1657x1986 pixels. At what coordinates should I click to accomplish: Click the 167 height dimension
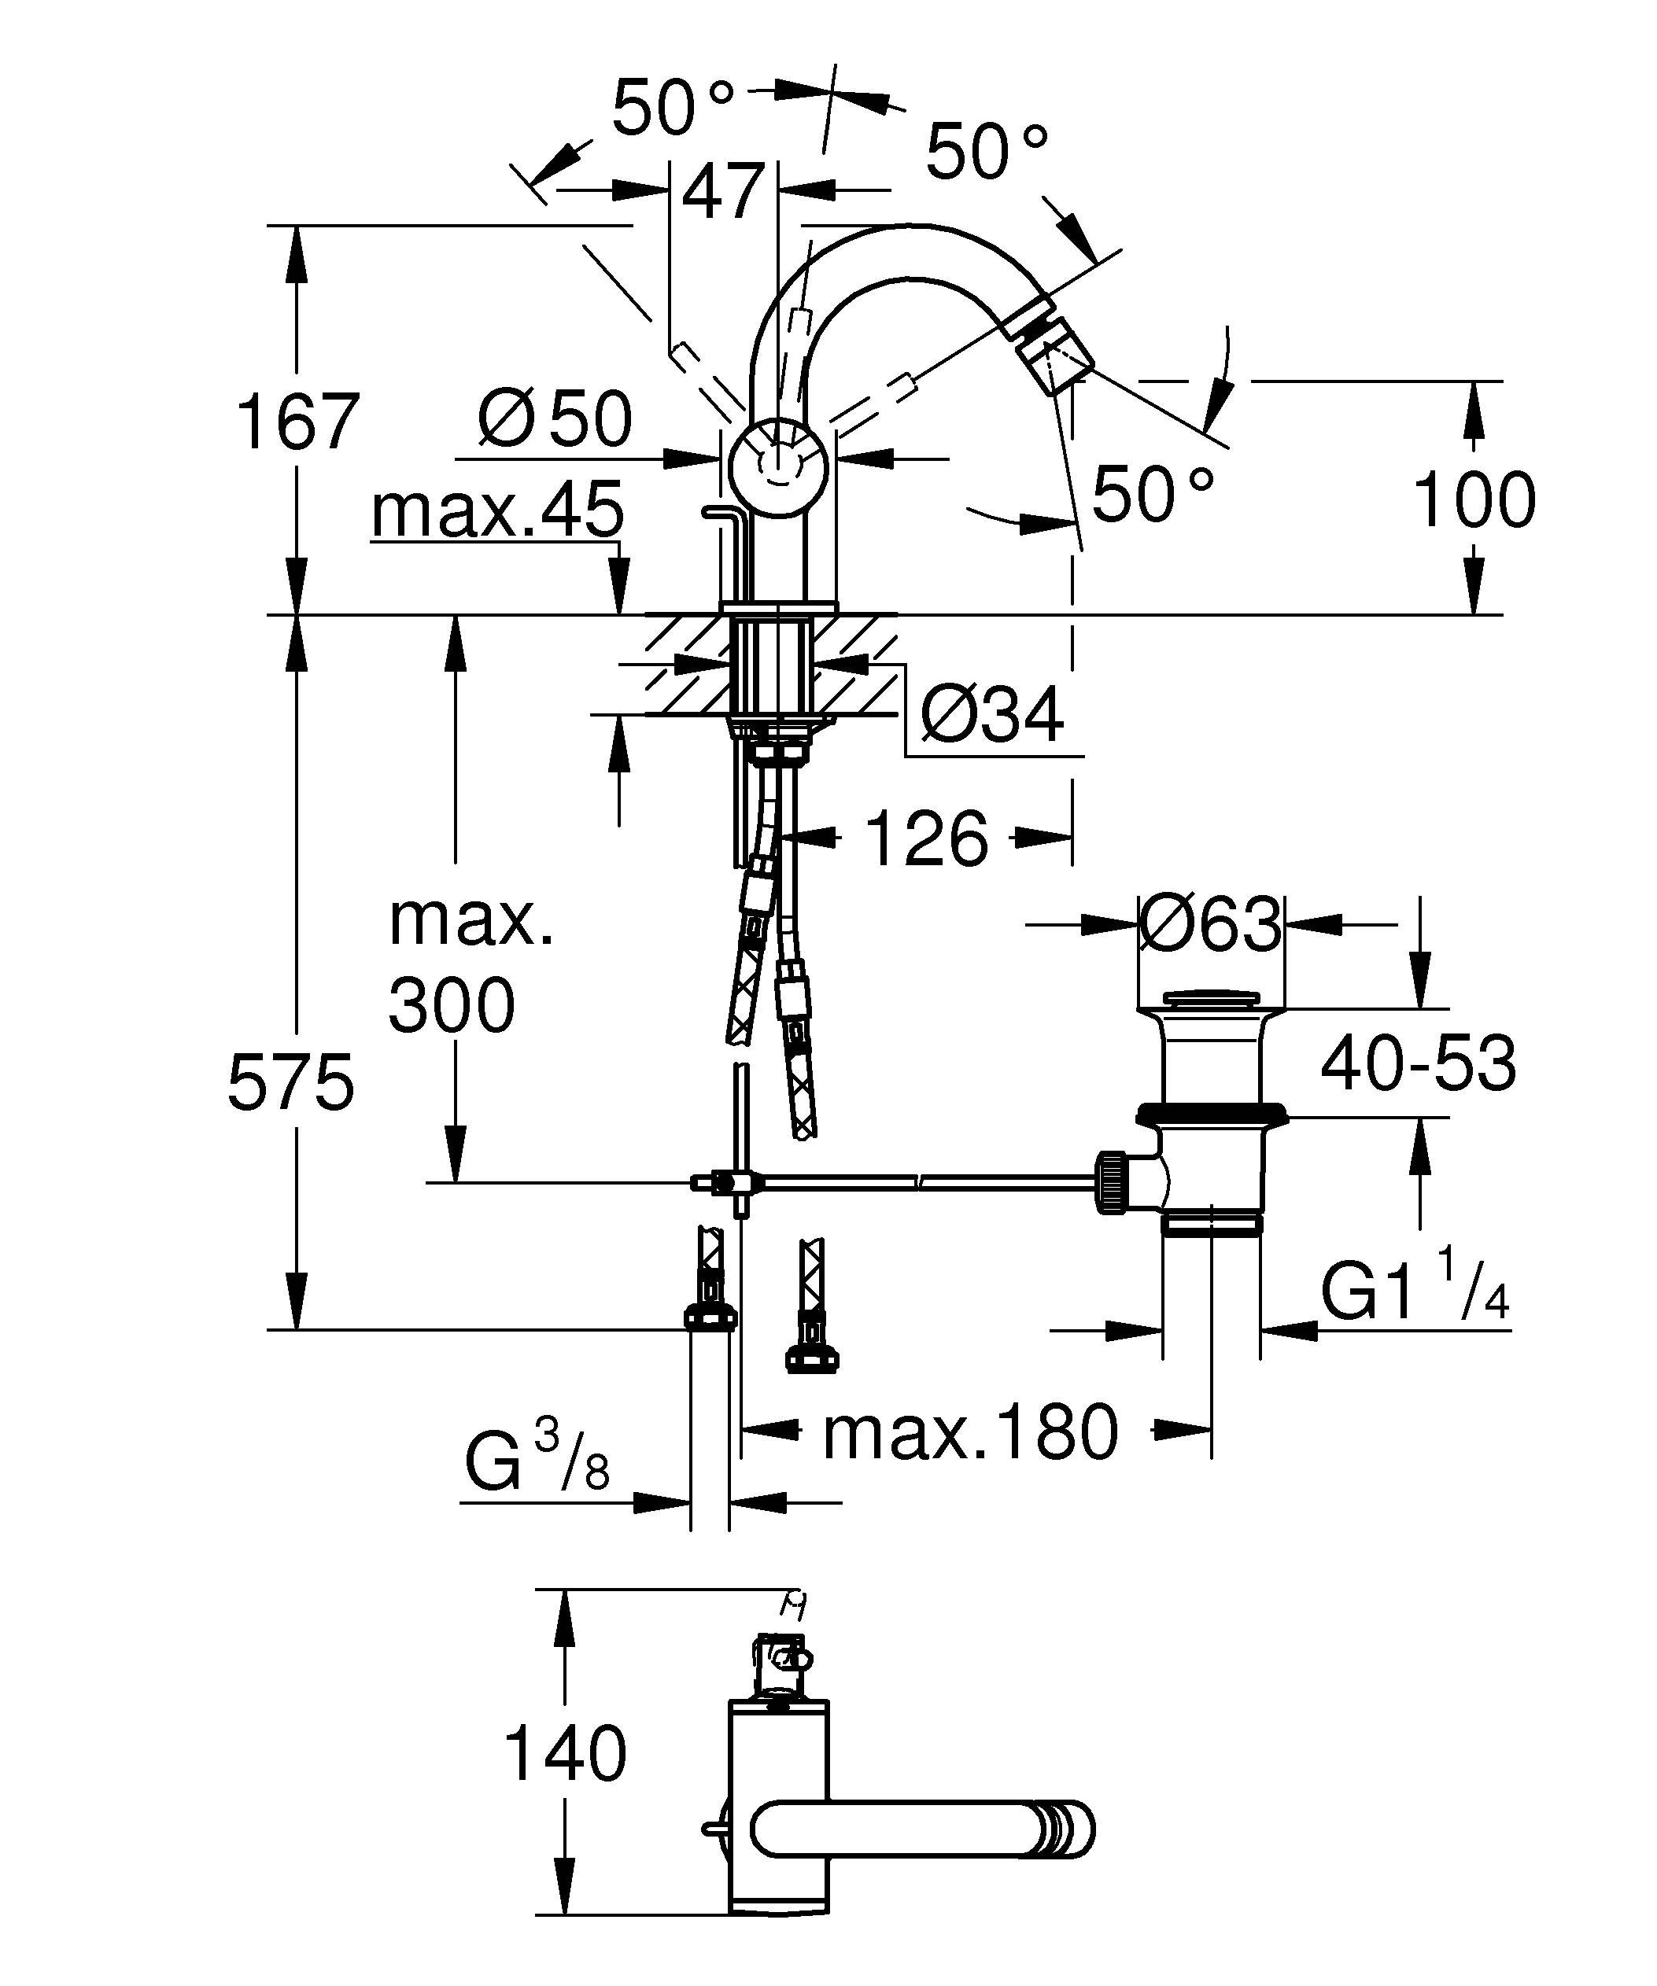[297, 422]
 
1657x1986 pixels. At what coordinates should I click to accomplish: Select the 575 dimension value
[290, 1083]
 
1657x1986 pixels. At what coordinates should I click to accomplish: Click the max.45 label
[497, 511]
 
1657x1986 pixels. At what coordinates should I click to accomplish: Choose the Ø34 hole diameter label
[991, 716]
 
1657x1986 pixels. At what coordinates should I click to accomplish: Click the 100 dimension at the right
[1474, 500]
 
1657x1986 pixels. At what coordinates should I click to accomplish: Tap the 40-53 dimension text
[1418, 1063]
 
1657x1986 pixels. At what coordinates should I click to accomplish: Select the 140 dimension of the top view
[565, 1752]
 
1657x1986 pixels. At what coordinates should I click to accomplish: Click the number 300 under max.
[451, 1005]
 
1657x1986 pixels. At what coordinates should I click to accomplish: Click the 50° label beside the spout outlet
[1152, 492]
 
